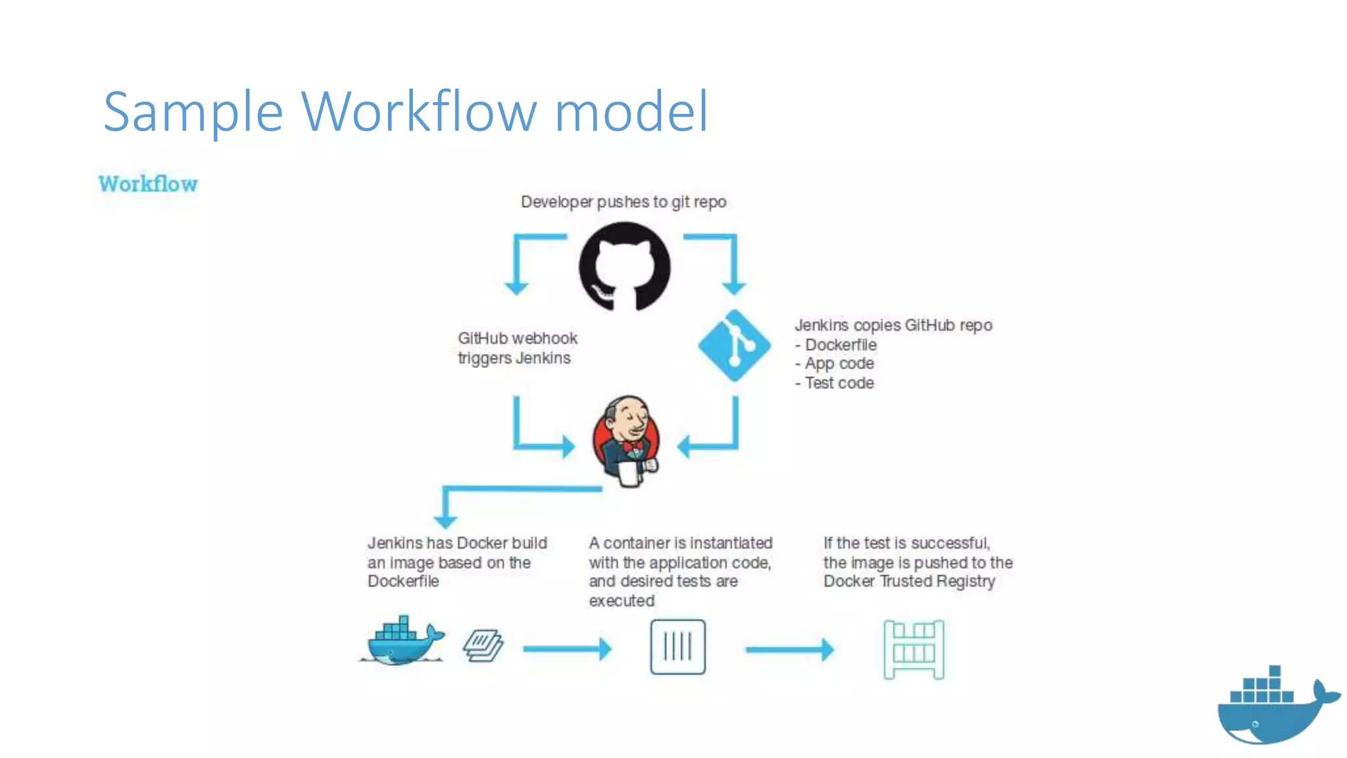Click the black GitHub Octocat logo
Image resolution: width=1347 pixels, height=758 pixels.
(624, 266)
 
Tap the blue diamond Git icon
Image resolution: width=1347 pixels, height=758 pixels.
(734, 345)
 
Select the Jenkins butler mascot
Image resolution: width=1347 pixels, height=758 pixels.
(625, 441)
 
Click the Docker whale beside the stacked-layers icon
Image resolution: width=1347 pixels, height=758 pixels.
(403, 642)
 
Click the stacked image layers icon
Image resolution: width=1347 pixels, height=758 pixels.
(483, 645)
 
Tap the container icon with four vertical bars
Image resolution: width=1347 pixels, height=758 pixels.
(677, 647)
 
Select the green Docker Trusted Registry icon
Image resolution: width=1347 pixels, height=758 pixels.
(914, 649)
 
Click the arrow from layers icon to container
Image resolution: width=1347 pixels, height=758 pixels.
(567, 649)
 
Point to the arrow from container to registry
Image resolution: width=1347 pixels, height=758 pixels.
(789, 649)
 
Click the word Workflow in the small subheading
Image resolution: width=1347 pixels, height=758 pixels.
(148, 184)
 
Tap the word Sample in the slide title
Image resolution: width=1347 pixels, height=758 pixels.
(193, 112)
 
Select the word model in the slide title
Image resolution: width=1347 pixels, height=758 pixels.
(631, 112)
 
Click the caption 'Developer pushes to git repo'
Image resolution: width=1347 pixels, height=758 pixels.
(624, 202)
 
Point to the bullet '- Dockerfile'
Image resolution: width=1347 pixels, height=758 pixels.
(836, 345)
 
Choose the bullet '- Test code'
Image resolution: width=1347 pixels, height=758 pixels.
(835, 383)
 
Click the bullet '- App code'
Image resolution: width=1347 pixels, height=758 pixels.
(835, 364)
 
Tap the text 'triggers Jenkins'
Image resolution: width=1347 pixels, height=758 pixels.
(514, 358)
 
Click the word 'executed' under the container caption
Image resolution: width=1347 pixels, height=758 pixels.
(622, 601)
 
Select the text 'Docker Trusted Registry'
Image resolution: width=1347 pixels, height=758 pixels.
(909, 582)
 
